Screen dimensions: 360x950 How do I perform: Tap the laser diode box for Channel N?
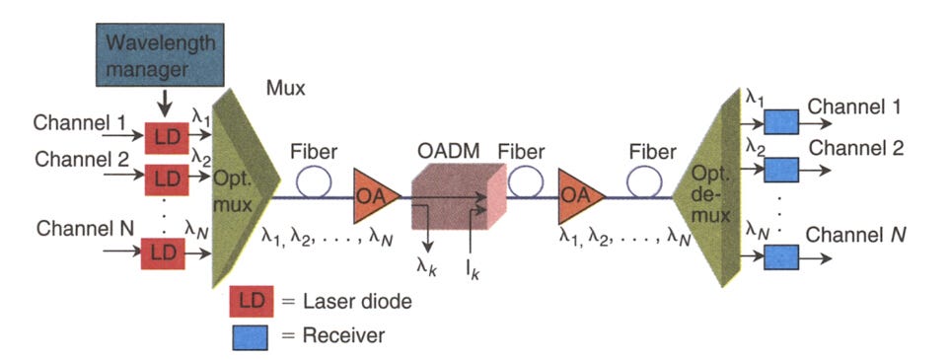[162, 253]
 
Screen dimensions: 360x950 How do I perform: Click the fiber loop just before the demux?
[647, 180]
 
